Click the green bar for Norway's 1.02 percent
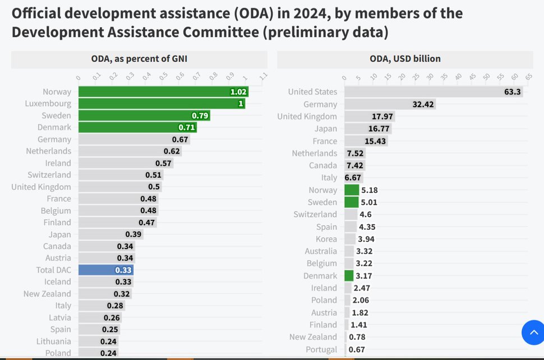click(x=163, y=92)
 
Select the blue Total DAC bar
click(x=105, y=270)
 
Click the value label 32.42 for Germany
click(x=423, y=104)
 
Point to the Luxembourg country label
click(x=48, y=104)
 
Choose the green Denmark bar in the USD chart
click(x=349, y=276)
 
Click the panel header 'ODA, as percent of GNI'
click(x=140, y=58)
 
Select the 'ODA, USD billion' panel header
click(x=404, y=58)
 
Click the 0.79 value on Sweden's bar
click(x=200, y=116)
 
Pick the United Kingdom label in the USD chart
click(x=307, y=117)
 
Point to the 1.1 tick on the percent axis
click(x=263, y=77)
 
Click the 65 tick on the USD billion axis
click(x=528, y=77)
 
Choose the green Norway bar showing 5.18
click(x=352, y=190)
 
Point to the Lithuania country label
click(x=54, y=341)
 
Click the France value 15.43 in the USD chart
click(x=374, y=141)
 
